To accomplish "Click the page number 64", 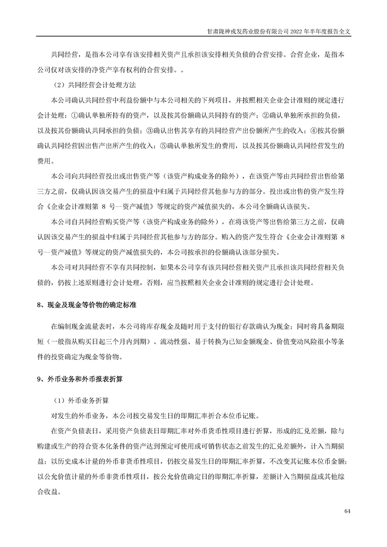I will (347, 511).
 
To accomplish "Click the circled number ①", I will (67, 115).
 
